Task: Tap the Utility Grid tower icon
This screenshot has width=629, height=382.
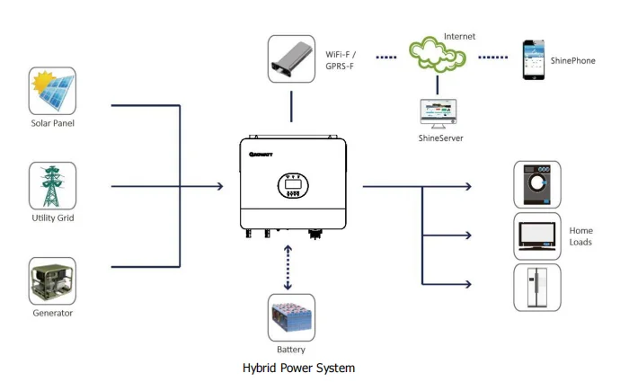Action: (52, 186)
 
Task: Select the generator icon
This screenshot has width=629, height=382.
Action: (52, 280)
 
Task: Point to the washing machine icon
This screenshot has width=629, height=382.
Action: (536, 185)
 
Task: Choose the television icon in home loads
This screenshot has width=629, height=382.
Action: (536, 236)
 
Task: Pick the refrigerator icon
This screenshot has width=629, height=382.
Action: (536, 288)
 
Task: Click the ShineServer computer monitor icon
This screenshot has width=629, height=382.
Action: (439, 111)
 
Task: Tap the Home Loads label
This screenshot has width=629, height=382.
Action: (580, 236)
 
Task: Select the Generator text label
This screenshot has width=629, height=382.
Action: (52, 313)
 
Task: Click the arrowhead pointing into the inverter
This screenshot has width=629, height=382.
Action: (218, 187)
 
